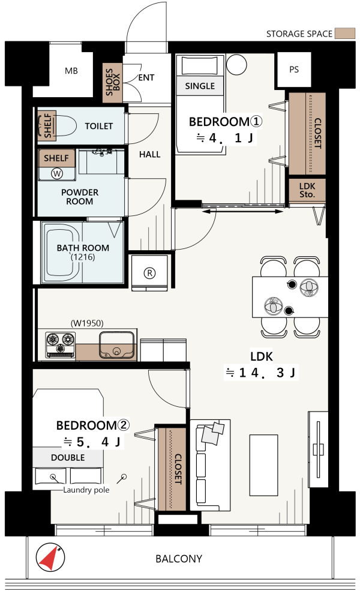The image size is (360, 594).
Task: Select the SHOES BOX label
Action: coord(113,82)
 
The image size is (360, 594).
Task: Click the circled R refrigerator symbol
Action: coord(149,273)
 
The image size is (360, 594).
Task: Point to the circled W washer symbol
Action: coord(57,174)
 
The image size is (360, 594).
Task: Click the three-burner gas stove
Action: coord(60,344)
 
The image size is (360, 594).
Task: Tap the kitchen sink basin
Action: coord(117,345)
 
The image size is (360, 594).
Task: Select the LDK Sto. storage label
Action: coord(307,190)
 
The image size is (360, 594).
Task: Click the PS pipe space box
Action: coord(294,70)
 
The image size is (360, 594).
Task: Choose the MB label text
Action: coord(71,71)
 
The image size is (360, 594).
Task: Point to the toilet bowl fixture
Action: coord(61,126)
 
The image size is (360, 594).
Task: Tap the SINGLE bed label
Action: coord(200,86)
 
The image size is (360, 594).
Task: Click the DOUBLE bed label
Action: coord(68,458)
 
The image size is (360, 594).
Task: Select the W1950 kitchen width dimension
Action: coord(87,323)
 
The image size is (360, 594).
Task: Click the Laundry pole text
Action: coord(86,490)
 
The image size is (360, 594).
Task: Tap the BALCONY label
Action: coord(179,559)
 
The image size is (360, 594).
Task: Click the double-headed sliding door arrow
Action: coord(242,211)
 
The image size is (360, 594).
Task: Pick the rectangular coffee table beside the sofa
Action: coord(264,465)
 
